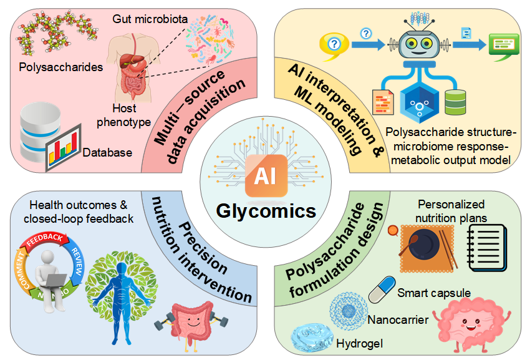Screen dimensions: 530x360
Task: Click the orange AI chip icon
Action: coord(266,175)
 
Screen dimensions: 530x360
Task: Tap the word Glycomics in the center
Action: coord(266,212)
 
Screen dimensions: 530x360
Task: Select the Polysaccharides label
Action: coord(61,67)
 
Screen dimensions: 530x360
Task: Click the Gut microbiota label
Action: coord(150,19)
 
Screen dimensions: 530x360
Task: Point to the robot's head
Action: coord(419,44)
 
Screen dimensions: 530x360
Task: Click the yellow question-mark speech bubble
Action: coord(334,46)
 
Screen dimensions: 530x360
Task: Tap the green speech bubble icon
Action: coord(504,46)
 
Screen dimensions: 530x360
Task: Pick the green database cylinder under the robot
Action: coord(455,102)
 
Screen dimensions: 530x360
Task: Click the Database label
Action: coord(107,153)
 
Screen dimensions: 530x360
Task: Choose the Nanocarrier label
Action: coord(398,319)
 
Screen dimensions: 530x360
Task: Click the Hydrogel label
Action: coord(360,344)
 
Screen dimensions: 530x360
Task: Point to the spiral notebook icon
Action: coord(487,248)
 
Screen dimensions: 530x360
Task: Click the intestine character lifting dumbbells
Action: coord(191,326)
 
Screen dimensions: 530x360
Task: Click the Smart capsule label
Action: coord(434,293)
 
